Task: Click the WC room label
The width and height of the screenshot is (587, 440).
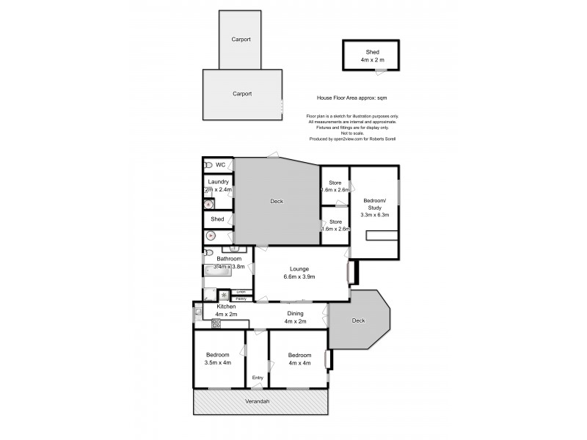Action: click(x=220, y=165)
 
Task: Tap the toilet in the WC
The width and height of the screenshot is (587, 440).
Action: click(x=208, y=165)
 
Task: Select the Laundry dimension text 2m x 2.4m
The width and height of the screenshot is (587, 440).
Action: click(x=218, y=189)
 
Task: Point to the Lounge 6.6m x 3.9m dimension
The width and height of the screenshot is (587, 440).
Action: click(x=299, y=277)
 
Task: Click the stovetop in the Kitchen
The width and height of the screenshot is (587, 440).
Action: click(x=216, y=323)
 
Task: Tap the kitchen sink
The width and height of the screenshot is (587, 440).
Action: click(x=198, y=314)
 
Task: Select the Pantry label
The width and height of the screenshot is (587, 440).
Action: click(x=241, y=298)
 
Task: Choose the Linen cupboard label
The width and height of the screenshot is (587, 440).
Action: click(x=241, y=292)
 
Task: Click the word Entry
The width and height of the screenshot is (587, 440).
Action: click(x=258, y=378)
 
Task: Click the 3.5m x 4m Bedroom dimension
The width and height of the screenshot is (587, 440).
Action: click(x=219, y=362)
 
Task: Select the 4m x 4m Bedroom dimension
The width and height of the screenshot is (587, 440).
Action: click(x=299, y=362)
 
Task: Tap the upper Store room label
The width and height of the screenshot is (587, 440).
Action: click(x=335, y=182)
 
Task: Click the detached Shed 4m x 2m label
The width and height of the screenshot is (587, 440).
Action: click(x=373, y=56)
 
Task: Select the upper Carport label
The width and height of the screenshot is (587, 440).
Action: click(x=241, y=39)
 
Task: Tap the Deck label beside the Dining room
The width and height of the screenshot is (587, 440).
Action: click(x=357, y=320)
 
